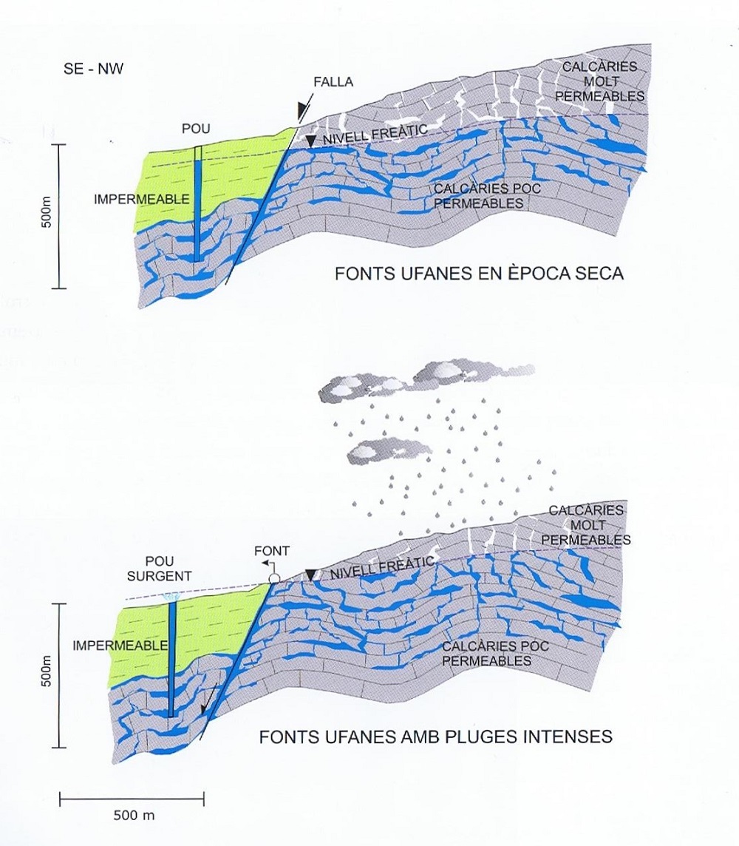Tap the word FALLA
333,81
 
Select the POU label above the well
197,129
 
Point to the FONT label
272,551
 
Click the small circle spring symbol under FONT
274,577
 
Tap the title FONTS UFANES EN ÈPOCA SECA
480,274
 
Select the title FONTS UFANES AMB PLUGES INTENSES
436,737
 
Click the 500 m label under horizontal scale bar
134,816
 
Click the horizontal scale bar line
132,798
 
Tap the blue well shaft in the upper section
198,214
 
